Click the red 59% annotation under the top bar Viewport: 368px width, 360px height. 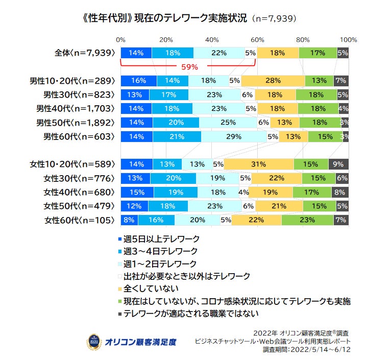189,67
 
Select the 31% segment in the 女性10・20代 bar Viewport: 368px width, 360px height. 259,164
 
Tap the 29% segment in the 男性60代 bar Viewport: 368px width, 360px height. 233,136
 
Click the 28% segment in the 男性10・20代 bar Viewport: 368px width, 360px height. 273,80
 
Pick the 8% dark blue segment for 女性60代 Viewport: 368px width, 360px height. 129,220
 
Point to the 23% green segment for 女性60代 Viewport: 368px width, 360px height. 307,220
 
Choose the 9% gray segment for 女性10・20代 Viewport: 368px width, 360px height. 338,164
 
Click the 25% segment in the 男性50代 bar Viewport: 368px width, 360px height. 228,122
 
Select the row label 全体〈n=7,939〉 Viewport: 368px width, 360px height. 86,52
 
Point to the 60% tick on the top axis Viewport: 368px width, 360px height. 257,39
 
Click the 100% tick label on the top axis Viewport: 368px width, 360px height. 348,39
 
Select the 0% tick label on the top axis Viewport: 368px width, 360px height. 121,39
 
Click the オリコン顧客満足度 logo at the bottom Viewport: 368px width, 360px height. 132,341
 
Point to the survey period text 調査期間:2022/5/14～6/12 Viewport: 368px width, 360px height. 307,350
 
